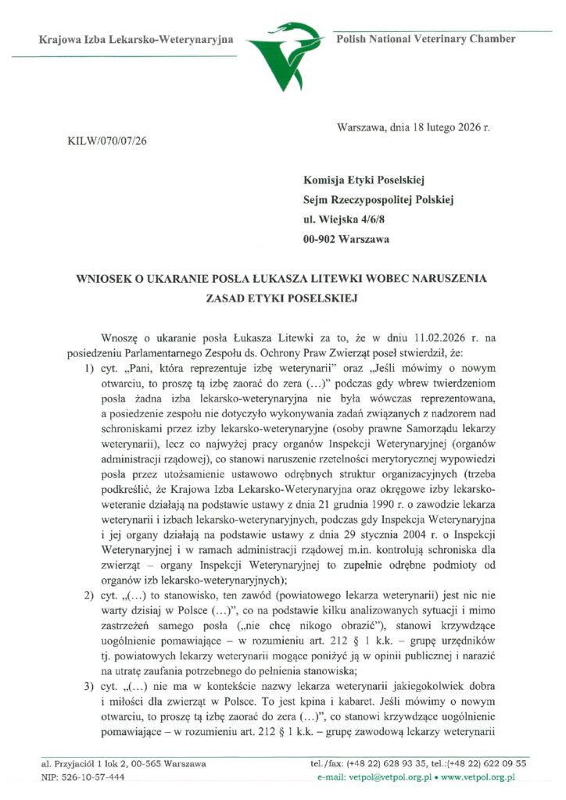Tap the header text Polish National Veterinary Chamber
424,39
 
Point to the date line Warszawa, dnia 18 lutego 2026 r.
414,126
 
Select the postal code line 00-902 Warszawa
346,239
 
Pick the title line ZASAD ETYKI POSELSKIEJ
282,298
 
